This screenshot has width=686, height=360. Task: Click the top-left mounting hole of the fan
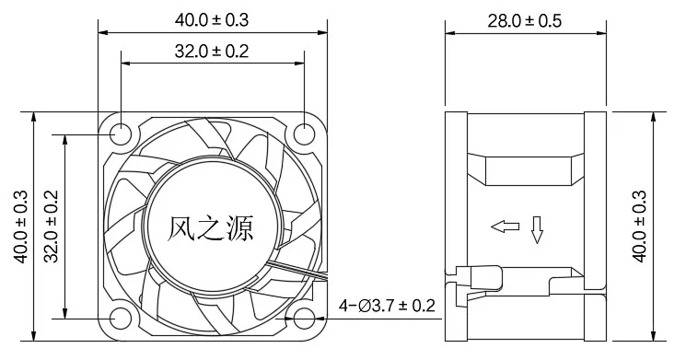pos(121,134)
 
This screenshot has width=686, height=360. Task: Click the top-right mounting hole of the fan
pos(304,134)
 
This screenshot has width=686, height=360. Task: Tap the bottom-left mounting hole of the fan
pos(121,319)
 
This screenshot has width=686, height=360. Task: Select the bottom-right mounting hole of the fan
pos(304,319)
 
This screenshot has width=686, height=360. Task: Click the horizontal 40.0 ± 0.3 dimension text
pos(212,19)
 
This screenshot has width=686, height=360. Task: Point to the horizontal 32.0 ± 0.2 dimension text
pos(212,52)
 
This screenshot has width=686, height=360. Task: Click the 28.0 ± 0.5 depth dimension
pos(525,21)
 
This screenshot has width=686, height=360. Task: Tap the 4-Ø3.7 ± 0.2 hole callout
pos(387,306)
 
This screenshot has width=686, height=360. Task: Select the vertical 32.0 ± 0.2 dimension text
pos(52,226)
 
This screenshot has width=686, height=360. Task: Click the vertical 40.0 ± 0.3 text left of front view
pos(20,226)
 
